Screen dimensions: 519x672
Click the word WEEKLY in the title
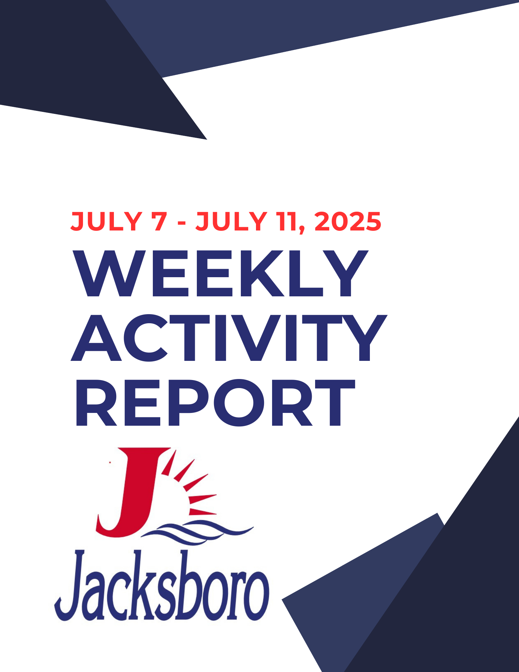[220, 274]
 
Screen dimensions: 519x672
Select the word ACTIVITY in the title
[229, 338]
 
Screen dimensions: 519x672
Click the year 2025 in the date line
[348, 222]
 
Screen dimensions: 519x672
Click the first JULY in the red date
[106, 222]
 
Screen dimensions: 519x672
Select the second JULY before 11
[231, 222]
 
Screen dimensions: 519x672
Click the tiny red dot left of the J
[110, 462]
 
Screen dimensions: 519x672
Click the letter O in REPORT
[239, 403]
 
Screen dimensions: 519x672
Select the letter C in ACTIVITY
[145, 338]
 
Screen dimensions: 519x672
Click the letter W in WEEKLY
[109, 274]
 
